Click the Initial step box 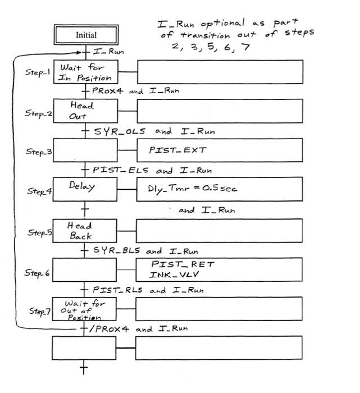[x=85, y=35]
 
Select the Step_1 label [x=38, y=72]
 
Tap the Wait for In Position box [x=85, y=72]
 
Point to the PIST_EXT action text [x=170, y=150]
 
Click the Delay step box [x=85, y=189]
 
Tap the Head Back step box [x=85, y=230]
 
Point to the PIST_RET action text [x=183, y=264]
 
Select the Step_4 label [x=39, y=191]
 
